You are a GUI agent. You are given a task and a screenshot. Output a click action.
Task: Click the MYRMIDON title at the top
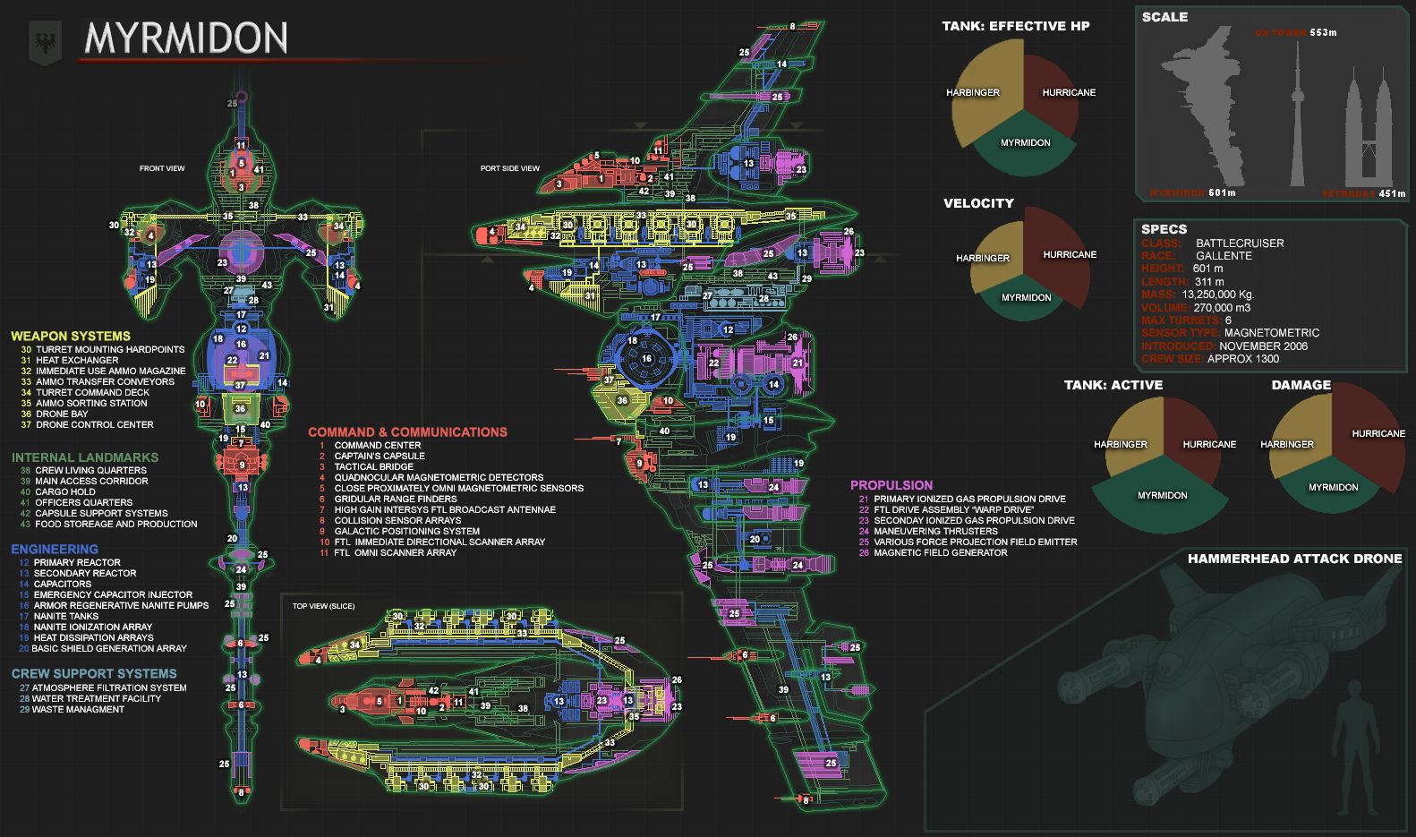(x=185, y=38)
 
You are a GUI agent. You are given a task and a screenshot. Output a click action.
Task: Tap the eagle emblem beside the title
(x=45, y=41)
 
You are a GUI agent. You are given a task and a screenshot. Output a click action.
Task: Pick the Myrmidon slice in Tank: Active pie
(x=1162, y=496)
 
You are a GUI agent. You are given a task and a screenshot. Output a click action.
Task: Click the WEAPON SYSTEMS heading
(x=71, y=337)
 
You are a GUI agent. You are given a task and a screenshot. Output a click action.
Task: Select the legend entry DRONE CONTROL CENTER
(x=95, y=425)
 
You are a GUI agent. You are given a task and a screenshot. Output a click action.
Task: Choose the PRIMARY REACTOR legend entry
(x=77, y=563)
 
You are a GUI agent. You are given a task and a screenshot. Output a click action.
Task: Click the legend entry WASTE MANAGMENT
(x=79, y=710)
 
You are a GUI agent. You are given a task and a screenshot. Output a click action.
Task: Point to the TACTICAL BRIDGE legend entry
(x=374, y=467)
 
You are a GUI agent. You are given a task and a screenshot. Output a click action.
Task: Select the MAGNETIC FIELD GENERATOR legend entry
(x=940, y=553)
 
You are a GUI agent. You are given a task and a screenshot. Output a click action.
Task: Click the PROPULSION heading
(x=891, y=485)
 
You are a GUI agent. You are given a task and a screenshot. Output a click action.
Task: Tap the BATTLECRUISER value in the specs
(x=1240, y=243)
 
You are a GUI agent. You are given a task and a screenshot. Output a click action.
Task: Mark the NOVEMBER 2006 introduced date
(x=1263, y=346)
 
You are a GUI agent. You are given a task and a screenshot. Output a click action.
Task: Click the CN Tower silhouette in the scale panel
(x=1297, y=116)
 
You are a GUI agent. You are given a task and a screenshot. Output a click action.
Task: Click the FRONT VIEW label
(x=162, y=168)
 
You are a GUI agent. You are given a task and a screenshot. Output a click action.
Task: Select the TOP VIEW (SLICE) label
(x=323, y=606)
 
